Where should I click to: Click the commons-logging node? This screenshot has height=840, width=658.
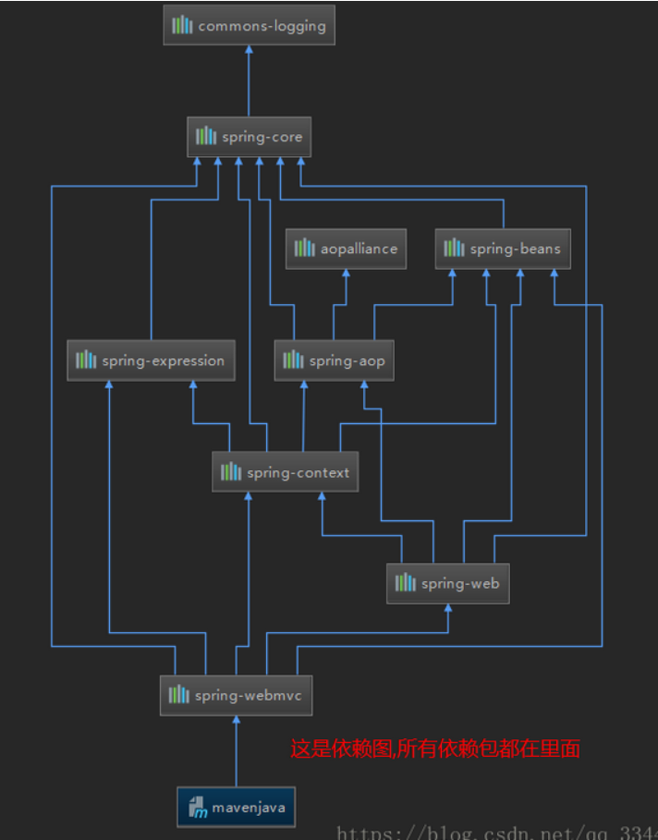249,26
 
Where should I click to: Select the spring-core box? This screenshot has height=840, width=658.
249,137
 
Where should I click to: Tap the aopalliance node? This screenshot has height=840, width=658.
346,249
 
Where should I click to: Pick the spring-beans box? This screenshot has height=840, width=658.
503,249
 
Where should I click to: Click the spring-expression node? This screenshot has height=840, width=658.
151,360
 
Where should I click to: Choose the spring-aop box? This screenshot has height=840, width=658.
334,360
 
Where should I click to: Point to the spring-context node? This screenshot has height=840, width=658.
285,472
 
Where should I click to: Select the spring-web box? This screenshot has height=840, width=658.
447,584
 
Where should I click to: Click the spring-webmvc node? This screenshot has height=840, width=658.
236,696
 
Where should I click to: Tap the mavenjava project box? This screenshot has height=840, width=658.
236,808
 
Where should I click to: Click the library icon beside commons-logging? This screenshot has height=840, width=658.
183,26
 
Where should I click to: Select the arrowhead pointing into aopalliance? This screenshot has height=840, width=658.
346,274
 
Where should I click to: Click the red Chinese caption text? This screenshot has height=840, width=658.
435,749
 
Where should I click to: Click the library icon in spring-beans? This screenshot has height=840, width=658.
454,249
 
